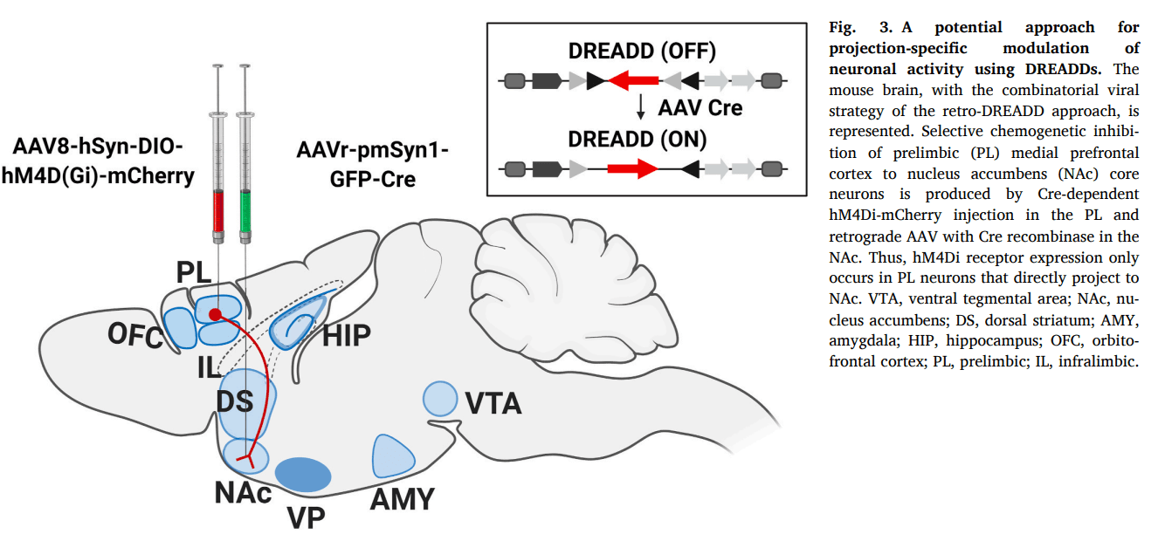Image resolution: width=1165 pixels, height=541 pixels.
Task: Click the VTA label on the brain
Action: click(x=493, y=403)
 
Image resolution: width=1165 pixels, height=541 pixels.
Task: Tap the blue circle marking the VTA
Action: click(x=439, y=399)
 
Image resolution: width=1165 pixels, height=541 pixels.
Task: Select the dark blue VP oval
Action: click(x=303, y=474)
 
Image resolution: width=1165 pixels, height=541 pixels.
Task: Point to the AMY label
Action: click(x=402, y=499)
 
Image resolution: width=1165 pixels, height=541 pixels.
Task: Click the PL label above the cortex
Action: click(x=194, y=272)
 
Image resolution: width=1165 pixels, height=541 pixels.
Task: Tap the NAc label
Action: click(x=243, y=493)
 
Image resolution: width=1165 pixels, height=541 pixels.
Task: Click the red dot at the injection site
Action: click(x=215, y=313)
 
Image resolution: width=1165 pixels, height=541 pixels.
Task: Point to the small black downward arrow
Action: click(x=641, y=107)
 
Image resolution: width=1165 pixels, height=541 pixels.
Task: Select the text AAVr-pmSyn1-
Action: click(x=373, y=149)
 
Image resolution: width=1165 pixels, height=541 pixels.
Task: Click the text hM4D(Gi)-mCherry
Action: click(x=97, y=175)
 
